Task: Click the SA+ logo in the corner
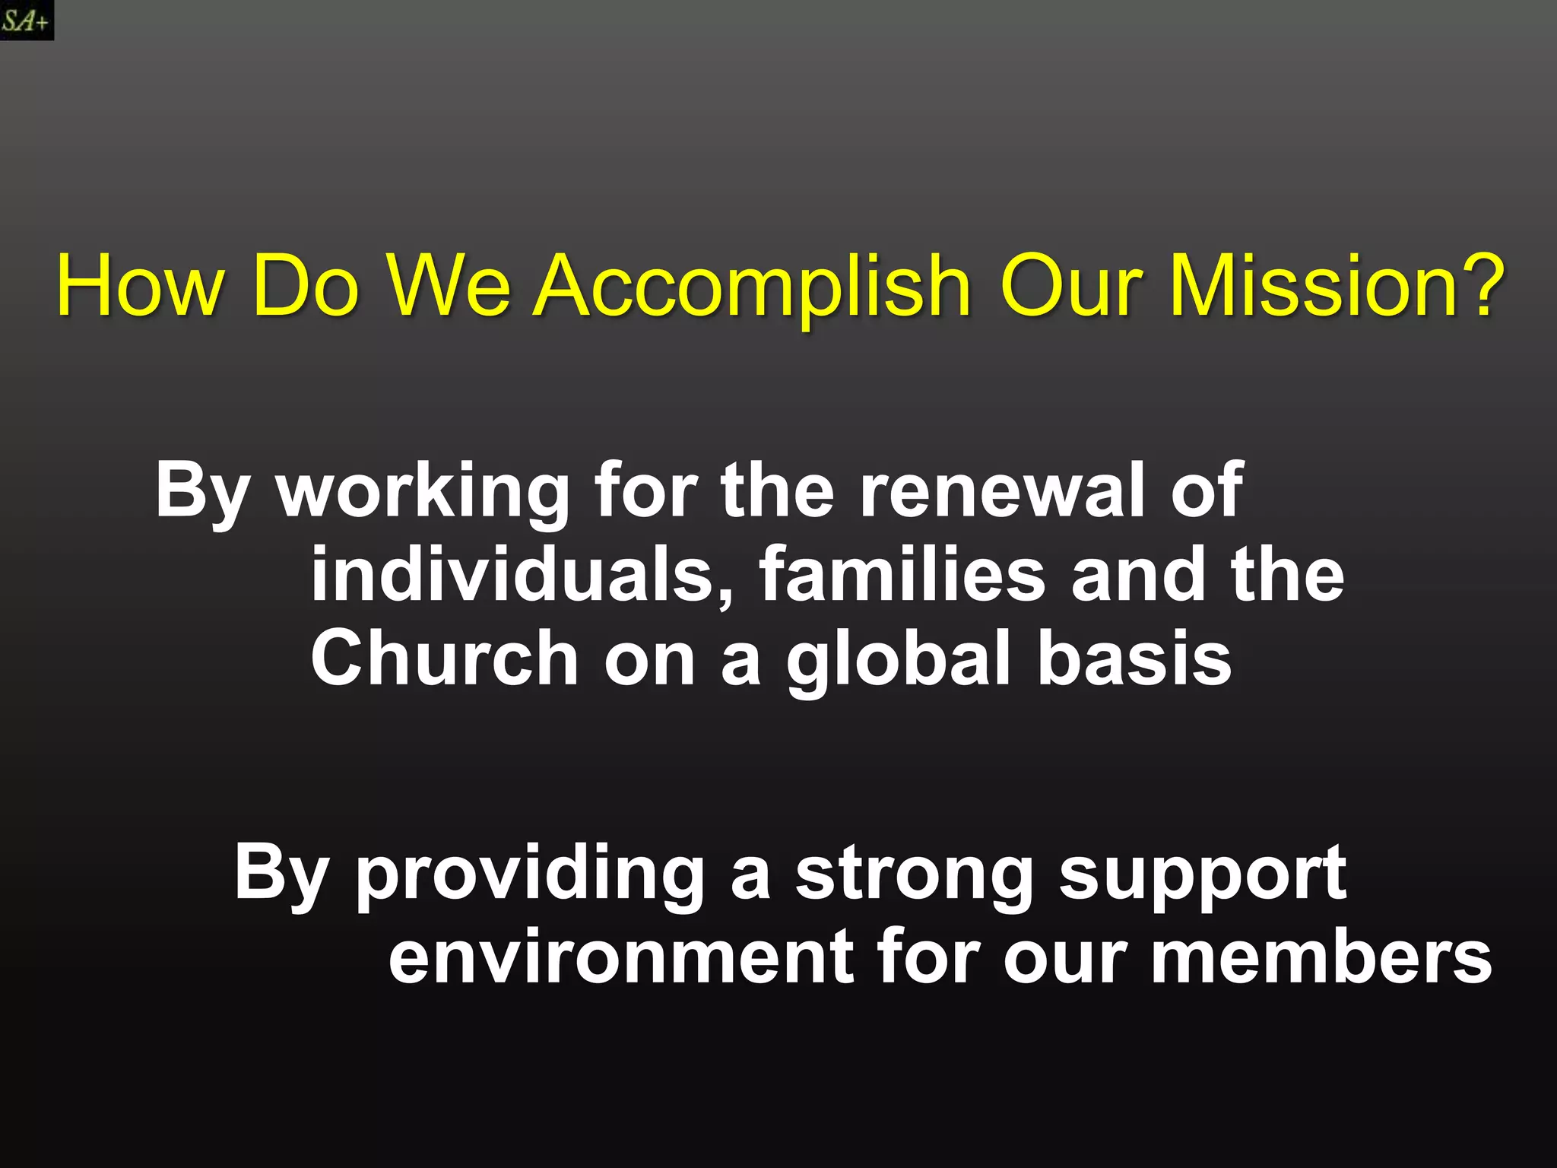26,20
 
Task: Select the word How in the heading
140,287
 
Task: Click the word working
423,493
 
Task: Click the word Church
445,659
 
